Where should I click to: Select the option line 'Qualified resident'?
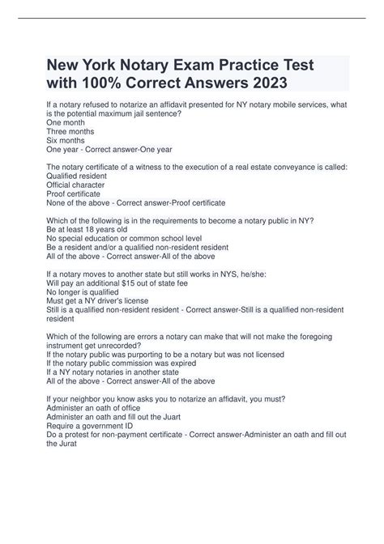85,174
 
